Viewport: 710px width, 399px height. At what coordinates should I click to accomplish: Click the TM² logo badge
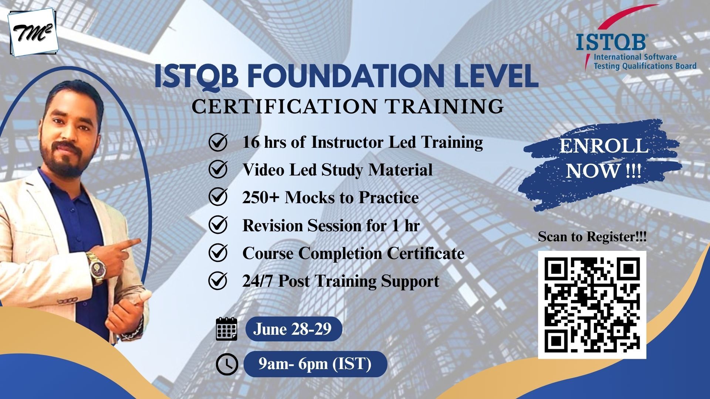click(x=34, y=33)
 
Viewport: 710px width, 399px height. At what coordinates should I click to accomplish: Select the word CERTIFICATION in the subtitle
click(x=283, y=106)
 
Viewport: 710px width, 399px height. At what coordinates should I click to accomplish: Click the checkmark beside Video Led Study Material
click(x=218, y=170)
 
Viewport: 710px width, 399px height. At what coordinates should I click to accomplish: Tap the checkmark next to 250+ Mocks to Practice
click(x=218, y=198)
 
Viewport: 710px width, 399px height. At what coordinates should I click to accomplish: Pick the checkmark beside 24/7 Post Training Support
click(x=218, y=281)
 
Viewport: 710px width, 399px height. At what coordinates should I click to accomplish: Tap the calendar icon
click(x=226, y=328)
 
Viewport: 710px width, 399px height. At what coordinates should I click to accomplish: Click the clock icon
click(x=227, y=365)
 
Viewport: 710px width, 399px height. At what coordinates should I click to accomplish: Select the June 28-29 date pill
click(x=294, y=329)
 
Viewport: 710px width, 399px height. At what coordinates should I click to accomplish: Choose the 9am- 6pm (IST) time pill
click(x=315, y=364)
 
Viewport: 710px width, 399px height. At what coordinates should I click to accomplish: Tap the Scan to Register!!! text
click(x=592, y=237)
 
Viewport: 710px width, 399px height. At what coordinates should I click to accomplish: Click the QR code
click(x=592, y=305)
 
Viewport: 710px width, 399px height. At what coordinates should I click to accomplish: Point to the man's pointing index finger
click(x=128, y=243)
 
